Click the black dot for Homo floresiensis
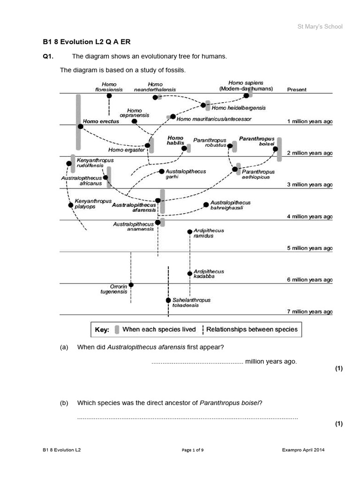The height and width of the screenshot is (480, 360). click(109, 96)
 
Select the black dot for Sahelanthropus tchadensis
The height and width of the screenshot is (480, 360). click(168, 300)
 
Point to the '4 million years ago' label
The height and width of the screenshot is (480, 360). click(309, 217)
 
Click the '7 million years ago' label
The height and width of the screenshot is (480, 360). click(309, 312)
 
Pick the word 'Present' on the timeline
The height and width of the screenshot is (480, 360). click(297, 90)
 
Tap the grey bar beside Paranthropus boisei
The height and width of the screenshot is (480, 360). click(279, 150)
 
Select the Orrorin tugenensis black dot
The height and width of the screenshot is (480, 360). click(131, 285)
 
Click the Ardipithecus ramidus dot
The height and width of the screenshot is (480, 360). click(189, 232)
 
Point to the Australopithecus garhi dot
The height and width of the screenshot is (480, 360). click(162, 172)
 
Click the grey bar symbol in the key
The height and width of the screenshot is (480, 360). click(117, 330)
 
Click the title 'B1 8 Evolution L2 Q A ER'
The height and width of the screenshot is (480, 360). click(83, 42)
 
